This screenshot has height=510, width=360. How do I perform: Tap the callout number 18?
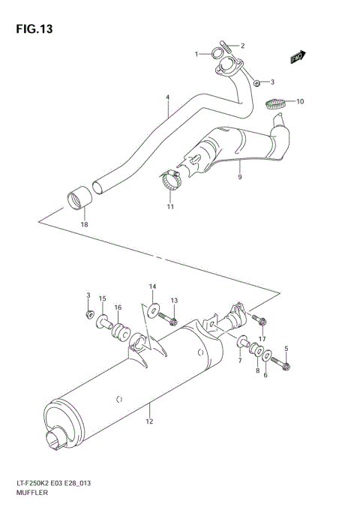(85, 224)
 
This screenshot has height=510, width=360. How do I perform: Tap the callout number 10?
(300, 101)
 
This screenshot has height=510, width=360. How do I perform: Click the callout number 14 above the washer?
(152, 286)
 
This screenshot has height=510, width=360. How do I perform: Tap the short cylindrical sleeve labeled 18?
(79, 200)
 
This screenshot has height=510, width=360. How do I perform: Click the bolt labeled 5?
(286, 365)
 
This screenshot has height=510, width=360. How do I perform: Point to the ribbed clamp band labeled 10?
(277, 103)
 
